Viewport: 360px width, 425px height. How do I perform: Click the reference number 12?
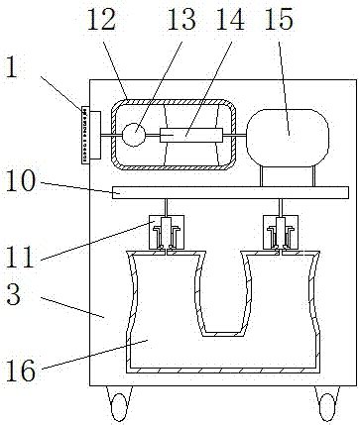point(101,20)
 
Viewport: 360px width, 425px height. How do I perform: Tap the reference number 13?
point(181,20)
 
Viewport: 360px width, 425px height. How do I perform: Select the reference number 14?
point(230,20)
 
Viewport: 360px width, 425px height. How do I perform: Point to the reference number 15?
point(279,20)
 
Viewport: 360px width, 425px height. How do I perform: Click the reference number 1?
point(12,66)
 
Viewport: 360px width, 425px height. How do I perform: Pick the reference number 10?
point(21,180)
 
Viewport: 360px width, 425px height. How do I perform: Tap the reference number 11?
point(20,257)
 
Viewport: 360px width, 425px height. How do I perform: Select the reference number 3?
point(14,295)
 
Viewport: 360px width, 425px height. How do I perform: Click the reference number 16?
point(21,371)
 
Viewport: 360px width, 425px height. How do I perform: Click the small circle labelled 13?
point(134,135)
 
